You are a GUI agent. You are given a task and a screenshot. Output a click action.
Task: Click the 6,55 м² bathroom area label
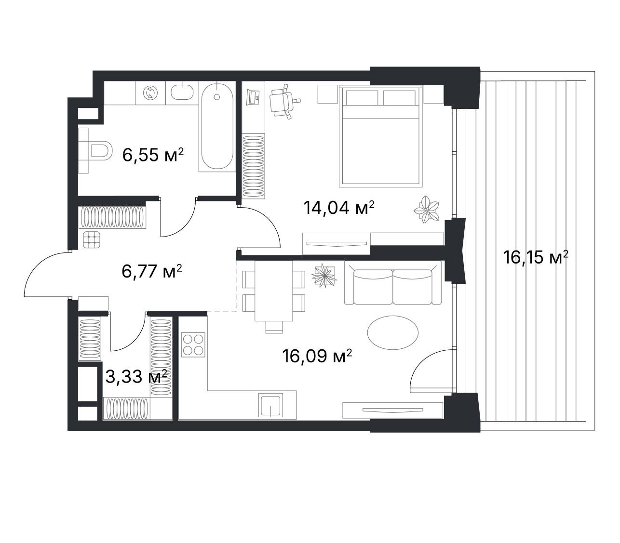(x=153, y=155)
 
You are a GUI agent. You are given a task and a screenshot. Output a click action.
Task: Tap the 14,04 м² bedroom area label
(x=339, y=207)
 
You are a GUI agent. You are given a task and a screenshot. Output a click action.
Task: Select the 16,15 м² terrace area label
(x=536, y=257)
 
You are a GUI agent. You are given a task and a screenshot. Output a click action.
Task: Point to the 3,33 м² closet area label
(x=136, y=376)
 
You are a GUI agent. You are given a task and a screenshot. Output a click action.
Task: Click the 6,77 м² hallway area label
(x=152, y=271)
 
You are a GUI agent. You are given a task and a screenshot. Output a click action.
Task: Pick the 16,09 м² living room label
(x=317, y=356)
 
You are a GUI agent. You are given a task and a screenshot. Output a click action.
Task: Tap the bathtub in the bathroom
(x=216, y=126)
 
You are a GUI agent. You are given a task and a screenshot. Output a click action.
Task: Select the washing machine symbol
(x=150, y=92)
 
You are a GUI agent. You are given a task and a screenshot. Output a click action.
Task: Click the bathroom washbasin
(x=182, y=92)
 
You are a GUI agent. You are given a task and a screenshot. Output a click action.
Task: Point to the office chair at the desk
(x=284, y=101)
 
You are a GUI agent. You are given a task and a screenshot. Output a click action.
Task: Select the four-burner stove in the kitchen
(x=193, y=344)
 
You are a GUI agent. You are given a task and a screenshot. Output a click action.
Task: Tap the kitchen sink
(x=270, y=405)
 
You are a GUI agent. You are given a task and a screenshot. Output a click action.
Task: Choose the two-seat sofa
(x=392, y=282)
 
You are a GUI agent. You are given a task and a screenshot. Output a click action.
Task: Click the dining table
(x=273, y=291)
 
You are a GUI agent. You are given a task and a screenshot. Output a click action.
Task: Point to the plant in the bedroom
(x=426, y=209)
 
